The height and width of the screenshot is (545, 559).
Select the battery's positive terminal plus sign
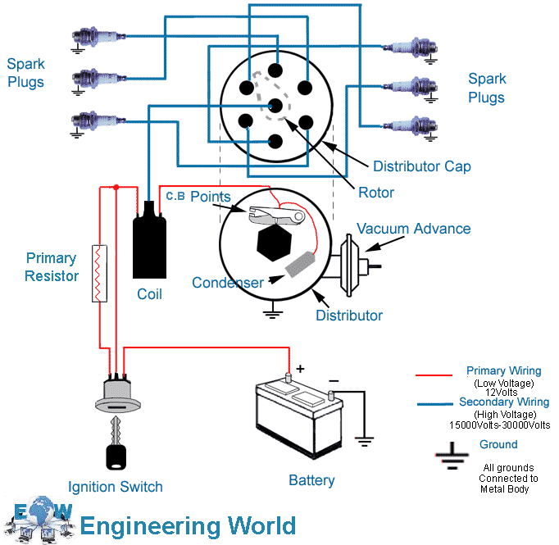pyautogui.click(x=300, y=369)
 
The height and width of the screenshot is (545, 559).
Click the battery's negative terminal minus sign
pyautogui.click(x=334, y=381)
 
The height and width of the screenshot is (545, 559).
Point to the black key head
pyautogui.click(x=116, y=456)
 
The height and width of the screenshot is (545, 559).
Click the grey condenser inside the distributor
pyautogui.click(x=300, y=265)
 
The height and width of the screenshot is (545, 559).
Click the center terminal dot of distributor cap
pyautogui.click(x=275, y=105)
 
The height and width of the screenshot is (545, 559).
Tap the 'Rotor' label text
pyautogui.click(x=376, y=193)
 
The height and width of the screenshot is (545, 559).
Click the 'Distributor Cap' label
pyautogui.click(x=421, y=166)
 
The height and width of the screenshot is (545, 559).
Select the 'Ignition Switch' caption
pyautogui.click(x=115, y=487)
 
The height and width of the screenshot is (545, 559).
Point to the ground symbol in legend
pyautogui.click(x=449, y=456)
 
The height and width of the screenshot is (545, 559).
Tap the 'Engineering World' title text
pyautogui.click(x=188, y=525)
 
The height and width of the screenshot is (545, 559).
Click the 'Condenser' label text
pyautogui.click(x=227, y=283)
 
